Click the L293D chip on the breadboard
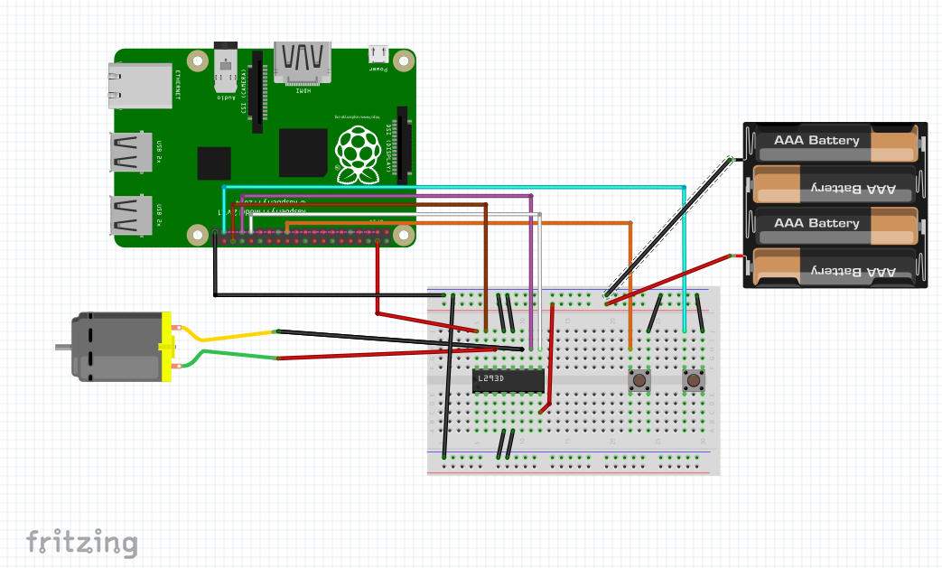click(508, 380)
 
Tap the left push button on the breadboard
click(639, 380)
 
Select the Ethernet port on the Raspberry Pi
click(140, 85)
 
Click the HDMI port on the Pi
click(303, 61)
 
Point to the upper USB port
click(131, 152)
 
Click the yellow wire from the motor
click(226, 337)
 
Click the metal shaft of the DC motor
click(63, 346)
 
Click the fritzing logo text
click(82, 542)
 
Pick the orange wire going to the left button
click(630, 289)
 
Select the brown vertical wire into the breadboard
click(486, 271)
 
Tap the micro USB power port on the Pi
click(378, 56)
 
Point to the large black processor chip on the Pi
click(303, 152)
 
